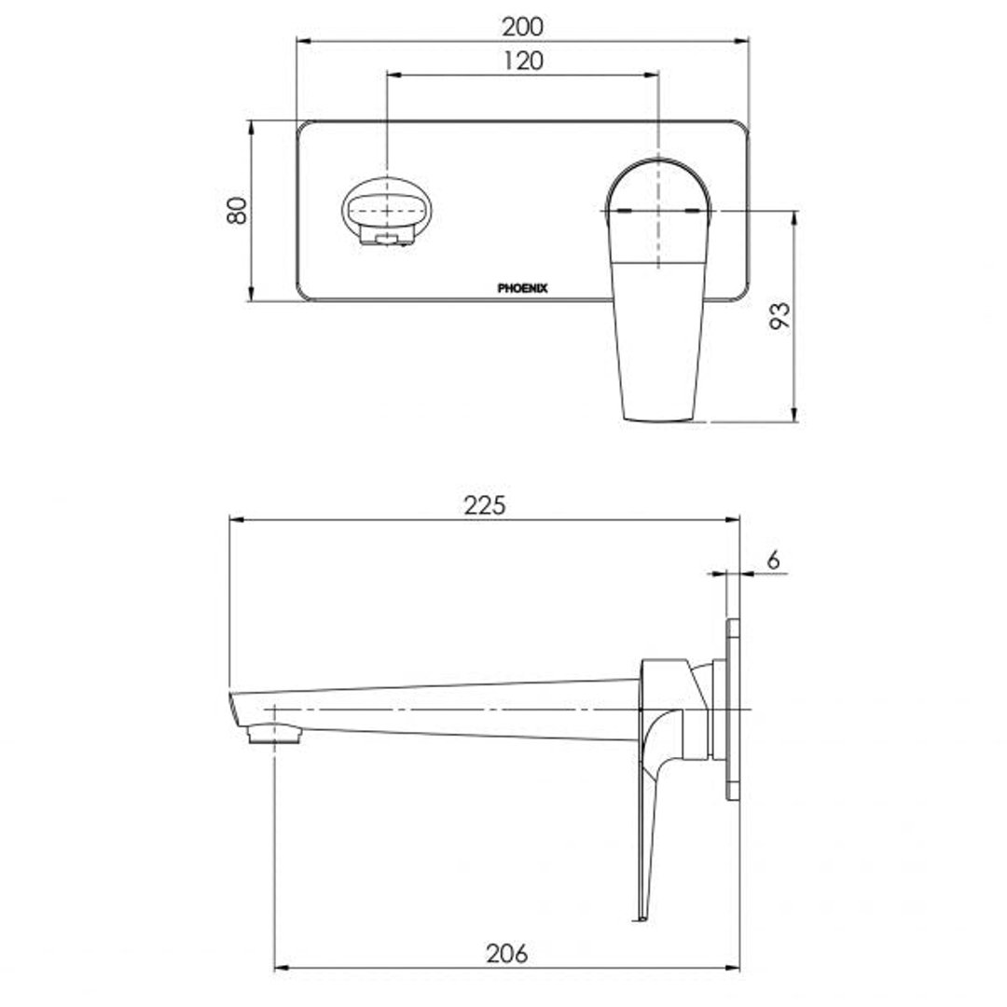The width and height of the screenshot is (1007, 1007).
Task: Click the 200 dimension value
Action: point(522,26)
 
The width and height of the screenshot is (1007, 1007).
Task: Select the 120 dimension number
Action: point(522,62)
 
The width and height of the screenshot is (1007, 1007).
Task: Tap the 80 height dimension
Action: point(237,210)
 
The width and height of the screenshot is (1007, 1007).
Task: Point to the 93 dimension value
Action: point(780,315)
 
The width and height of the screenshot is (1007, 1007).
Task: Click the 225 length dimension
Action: point(485,504)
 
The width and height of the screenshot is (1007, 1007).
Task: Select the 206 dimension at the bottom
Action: point(507,953)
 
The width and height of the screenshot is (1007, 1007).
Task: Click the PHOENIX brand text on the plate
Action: point(522,289)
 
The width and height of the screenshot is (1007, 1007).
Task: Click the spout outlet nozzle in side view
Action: point(275,736)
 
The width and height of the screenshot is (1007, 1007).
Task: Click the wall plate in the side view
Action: point(733,709)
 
